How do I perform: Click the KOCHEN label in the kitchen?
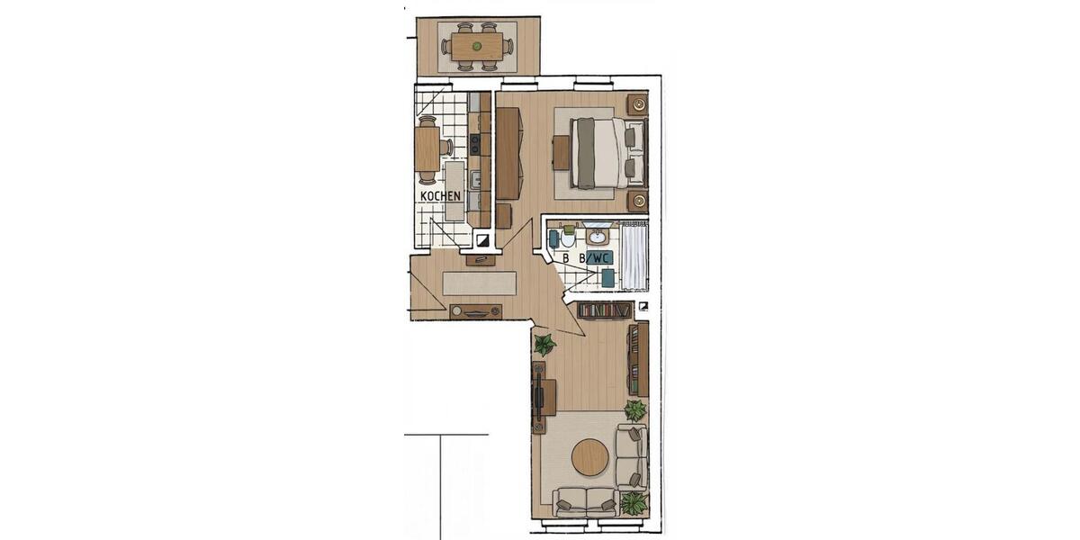[440, 195]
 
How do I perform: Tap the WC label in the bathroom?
[599, 257]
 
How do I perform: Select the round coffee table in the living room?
[589, 457]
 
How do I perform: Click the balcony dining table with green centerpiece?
[477, 46]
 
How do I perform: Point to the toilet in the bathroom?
[567, 238]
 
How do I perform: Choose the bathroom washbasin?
[597, 236]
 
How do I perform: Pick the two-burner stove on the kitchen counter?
[474, 142]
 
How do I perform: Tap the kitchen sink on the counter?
[474, 179]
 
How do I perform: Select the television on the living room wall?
[539, 397]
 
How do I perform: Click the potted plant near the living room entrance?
[544, 344]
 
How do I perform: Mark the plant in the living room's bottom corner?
[634, 502]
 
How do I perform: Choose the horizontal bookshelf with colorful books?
[604, 310]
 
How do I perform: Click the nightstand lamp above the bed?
[638, 104]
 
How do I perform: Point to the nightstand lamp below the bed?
[638, 200]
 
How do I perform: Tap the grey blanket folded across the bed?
[585, 152]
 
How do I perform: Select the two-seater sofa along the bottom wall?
[586, 501]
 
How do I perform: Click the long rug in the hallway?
[480, 283]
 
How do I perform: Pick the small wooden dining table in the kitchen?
[427, 148]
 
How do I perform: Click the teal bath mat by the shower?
[608, 278]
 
